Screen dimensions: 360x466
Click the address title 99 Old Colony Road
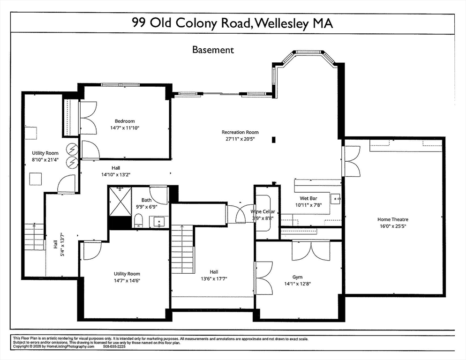tap(232, 23)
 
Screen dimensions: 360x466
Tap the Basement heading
tap(213, 49)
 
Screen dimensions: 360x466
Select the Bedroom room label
tap(125, 121)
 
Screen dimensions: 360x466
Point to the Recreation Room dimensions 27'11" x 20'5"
tap(240, 139)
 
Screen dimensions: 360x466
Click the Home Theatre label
tap(393, 219)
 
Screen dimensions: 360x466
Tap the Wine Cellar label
tap(263, 212)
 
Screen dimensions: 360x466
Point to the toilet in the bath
tap(139, 221)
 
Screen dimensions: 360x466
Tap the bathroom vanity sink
tap(159, 222)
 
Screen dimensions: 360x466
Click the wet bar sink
tap(336, 199)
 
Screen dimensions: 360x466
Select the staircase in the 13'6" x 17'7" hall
tap(182, 248)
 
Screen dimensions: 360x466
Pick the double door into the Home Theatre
tap(351, 160)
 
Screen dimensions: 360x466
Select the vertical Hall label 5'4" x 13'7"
tap(58, 244)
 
